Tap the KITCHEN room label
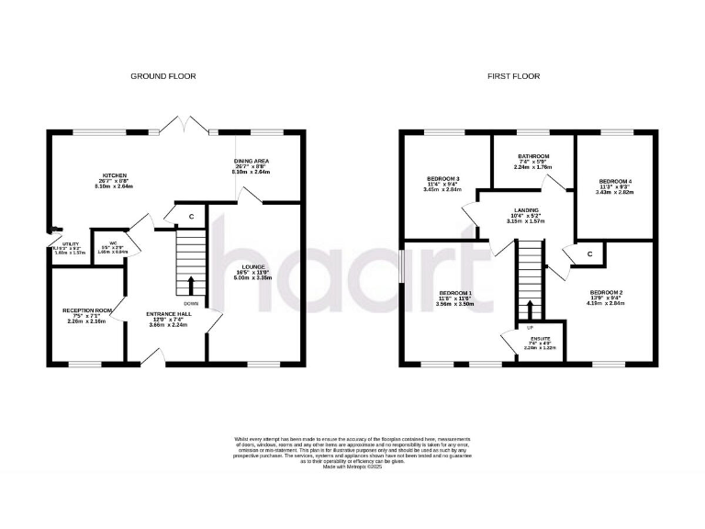coord(114,174)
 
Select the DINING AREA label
coord(251,160)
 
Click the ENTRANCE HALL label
coord(168,314)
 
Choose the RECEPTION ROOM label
coord(86,311)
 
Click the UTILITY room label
coord(59,244)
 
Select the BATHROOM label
coord(532,156)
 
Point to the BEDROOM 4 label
coord(614,181)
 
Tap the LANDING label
coord(527,210)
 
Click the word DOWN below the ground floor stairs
coord(190,304)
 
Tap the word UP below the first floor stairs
coord(530,327)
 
